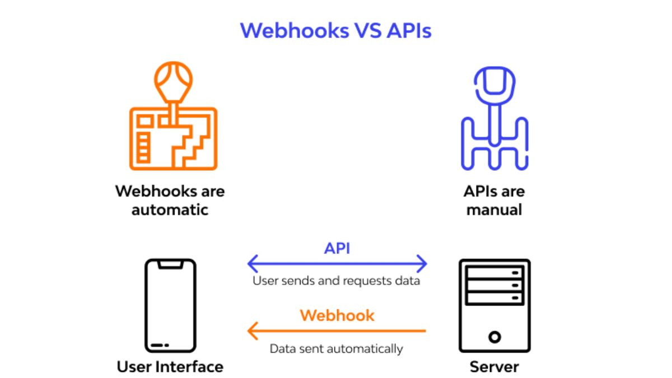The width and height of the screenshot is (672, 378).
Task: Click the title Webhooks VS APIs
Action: pos(336,30)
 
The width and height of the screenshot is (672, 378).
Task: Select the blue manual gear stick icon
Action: pos(494,120)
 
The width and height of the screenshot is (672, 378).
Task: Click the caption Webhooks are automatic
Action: pos(170,200)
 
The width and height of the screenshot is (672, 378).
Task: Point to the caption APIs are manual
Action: pos(494,200)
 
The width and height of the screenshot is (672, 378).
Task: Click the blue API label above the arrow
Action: pos(337,248)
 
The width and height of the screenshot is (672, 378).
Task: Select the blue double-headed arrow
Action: pos(337,263)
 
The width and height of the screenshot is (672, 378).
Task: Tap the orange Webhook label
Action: pos(337,315)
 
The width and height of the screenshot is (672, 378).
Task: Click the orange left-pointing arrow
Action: pos(337,330)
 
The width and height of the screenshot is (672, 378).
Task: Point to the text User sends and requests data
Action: pos(336,281)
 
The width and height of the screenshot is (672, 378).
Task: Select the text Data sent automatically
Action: pos(336,349)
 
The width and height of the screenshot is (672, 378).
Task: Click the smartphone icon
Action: pos(170,305)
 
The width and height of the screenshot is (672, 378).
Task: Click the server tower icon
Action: pos(494,305)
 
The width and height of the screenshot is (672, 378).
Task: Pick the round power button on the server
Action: pos(494,337)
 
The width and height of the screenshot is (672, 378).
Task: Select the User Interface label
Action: pos(170,367)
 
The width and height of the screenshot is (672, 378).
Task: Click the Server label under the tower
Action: pos(494,367)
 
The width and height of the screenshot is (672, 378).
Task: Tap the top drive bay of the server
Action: pos(494,273)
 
